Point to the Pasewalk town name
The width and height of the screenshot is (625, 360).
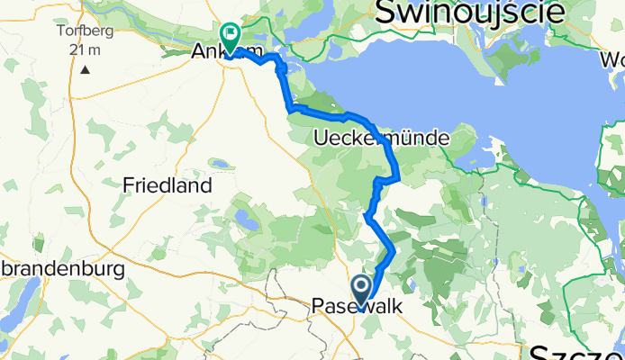tap(358, 307)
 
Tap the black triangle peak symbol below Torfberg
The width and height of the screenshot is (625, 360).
tap(85, 68)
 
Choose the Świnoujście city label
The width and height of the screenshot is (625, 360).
tap(470, 12)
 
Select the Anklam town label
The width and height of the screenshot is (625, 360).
tap(217, 53)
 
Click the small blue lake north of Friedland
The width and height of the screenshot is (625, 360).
tap(219, 164)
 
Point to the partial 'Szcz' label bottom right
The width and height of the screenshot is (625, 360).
tap(576, 350)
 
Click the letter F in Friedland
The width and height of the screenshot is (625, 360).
tap(127, 186)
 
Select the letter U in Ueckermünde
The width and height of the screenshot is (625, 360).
tap(322, 138)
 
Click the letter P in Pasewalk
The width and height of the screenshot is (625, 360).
tap(318, 307)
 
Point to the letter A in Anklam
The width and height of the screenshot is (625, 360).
tap(198, 53)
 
